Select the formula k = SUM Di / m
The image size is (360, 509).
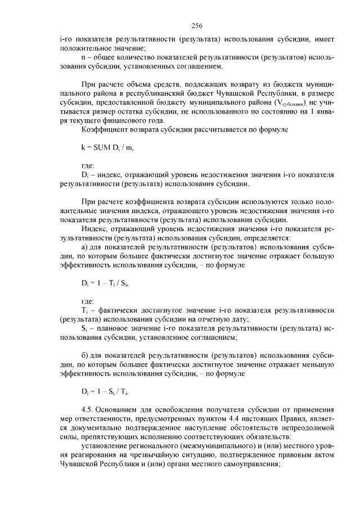pyautogui.click(x=107, y=147)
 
